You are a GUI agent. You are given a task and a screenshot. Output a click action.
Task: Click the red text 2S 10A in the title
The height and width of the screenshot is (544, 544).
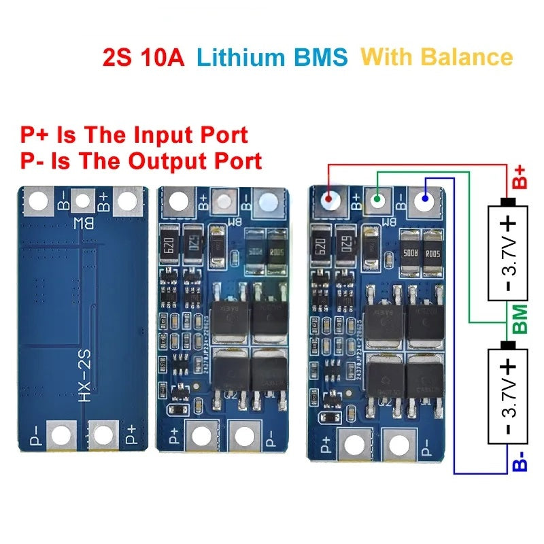pyautogui.click(x=143, y=56)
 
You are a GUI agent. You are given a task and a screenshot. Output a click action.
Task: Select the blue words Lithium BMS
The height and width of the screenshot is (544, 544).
pyautogui.click(x=271, y=56)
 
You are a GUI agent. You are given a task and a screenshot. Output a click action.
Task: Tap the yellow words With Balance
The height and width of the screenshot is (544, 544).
pyautogui.click(x=436, y=56)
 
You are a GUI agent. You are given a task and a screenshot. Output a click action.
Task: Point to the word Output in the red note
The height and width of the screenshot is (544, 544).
pyautogui.click(x=175, y=161)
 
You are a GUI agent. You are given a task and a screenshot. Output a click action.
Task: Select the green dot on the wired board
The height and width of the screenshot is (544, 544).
pyautogui.click(x=377, y=200)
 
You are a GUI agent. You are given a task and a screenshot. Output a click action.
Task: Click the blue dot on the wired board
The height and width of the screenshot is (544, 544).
pyautogui.click(x=425, y=200)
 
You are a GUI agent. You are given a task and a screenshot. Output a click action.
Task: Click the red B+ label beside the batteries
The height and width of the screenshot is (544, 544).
pyautogui.click(x=520, y=176)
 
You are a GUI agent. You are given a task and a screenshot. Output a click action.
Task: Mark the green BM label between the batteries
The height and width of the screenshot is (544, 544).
pyautogui.click(x=520, y=319)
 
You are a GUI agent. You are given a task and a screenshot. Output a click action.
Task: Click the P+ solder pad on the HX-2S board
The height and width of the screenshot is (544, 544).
pyautogui.click(x=103, y=434)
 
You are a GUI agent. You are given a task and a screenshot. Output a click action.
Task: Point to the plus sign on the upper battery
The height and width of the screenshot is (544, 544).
pyautogui.click(x=508, y=224)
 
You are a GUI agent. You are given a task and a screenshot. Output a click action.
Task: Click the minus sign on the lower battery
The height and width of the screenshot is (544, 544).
pyautogui.click(x=508, y=428)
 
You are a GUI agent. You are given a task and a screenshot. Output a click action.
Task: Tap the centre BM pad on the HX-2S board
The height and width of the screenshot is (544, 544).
pyautogui.click(x=83, y=201)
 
